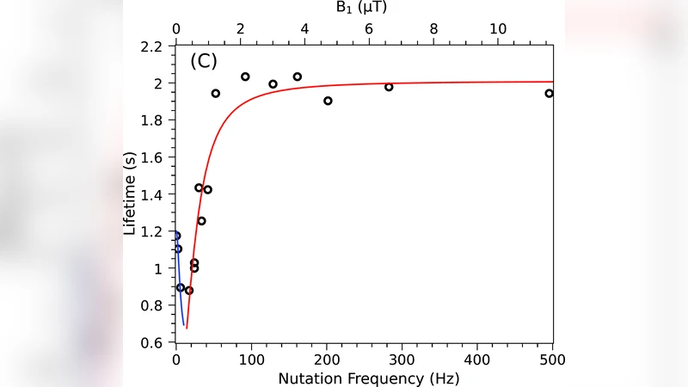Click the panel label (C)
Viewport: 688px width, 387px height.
coord(204,62)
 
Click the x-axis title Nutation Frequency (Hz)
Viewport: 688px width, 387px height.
coord(364,378)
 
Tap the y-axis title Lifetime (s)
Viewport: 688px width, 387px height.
coord(130,194)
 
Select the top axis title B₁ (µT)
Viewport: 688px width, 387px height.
coord(364,7)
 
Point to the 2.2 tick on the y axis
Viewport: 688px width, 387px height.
coord(152,46)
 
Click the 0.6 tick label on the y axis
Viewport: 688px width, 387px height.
coord(152,343)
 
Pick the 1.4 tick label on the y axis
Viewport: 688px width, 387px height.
coord(152,195)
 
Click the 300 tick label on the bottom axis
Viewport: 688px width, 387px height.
coord(402,359)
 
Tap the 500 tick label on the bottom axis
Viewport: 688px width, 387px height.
coord(552,359)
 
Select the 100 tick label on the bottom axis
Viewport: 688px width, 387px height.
coord(251,359)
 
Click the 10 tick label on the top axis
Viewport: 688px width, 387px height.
coord(498,28)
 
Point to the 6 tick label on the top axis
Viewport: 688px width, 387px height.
coord(369,28)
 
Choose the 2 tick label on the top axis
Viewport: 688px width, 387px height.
coord(240,28)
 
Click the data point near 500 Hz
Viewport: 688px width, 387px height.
coord(549,94)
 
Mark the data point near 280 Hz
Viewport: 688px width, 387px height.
coord(389,87)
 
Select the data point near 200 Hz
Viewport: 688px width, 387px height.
coord(328,101)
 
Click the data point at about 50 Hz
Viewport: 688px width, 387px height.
coord(215,94)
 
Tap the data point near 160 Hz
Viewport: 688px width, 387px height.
coord(298,77)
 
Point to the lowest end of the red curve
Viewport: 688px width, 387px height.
coord(187,327)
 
